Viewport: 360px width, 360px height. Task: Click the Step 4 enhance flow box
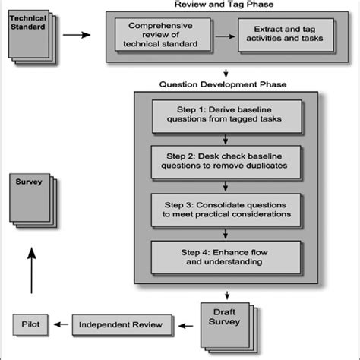[226, 257]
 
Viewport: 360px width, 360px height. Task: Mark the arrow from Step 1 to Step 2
[226, 140]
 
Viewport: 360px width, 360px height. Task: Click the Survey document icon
[31, 199]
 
